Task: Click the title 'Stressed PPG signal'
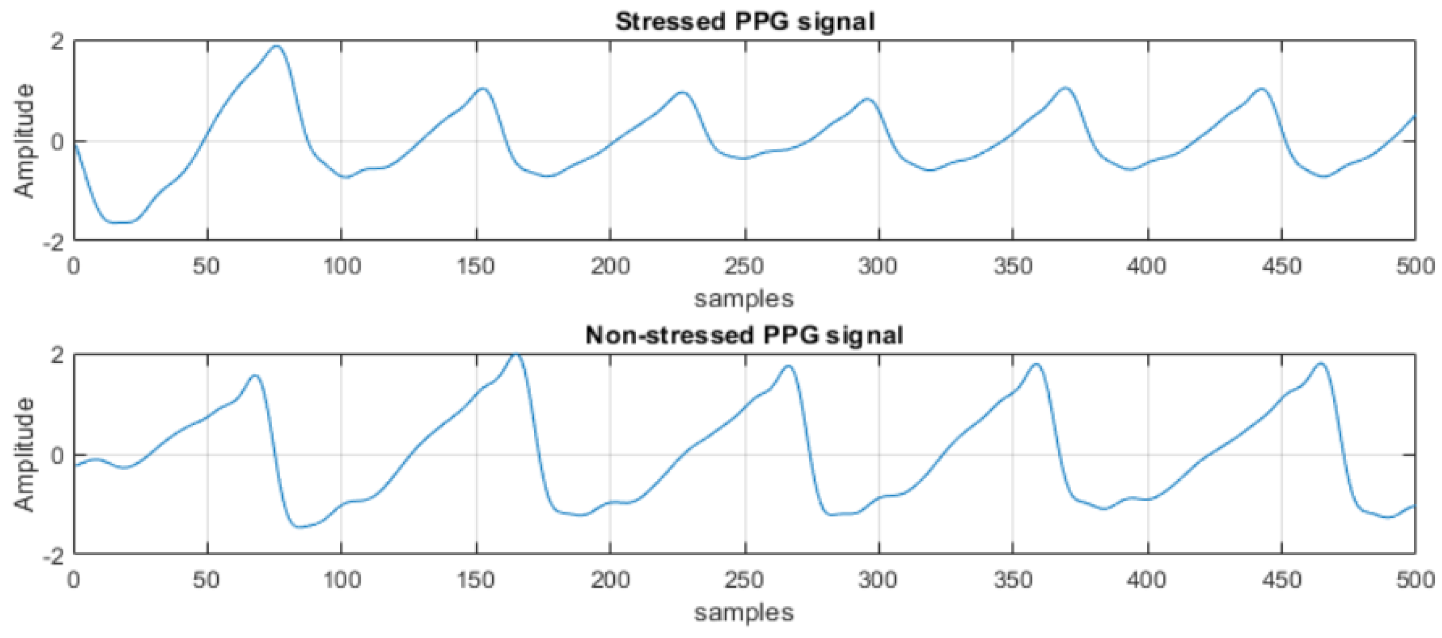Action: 744,22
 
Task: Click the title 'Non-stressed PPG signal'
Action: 744,336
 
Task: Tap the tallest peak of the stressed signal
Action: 277,47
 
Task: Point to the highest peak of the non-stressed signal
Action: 515,354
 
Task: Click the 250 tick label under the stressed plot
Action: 744,266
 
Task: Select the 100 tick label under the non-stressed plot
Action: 341,580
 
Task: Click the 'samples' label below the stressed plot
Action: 744,298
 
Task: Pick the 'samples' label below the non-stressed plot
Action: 744,612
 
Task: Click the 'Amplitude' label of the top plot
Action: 24,141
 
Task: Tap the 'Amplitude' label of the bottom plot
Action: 24,454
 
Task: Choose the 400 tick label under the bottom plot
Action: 1147,580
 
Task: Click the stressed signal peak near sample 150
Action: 482,88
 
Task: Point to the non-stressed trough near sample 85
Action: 301,526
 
